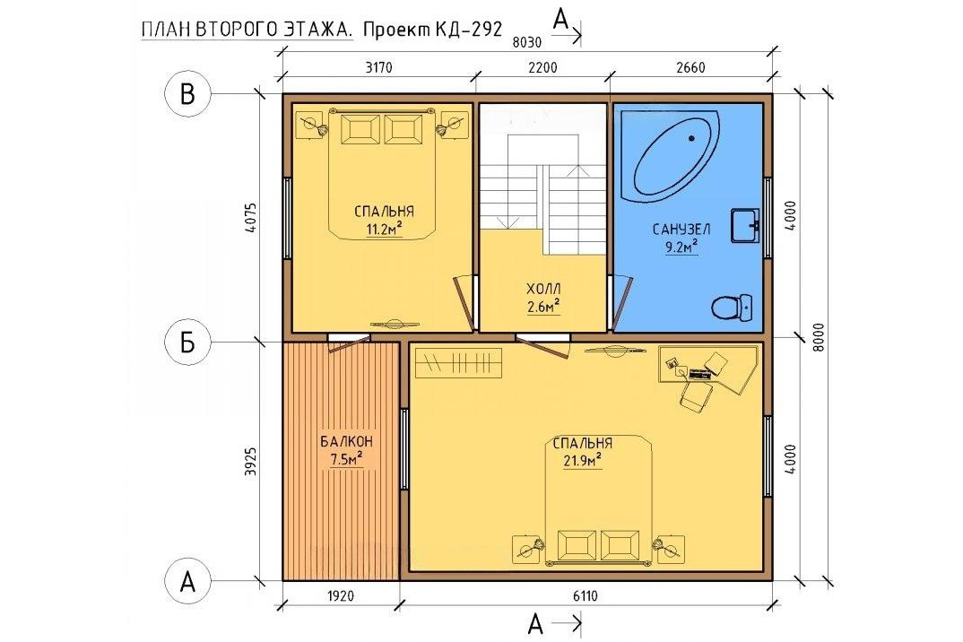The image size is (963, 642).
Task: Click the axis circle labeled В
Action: (x=187, y=94)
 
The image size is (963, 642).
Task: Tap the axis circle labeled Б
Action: (x=187, y=343)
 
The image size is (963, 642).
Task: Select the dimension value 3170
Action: (x=378, y=66)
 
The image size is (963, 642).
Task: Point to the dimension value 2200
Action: (x=542, y=66)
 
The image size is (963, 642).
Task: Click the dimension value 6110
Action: (x=585, y=596)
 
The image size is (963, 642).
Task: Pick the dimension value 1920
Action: (x=340, y=596)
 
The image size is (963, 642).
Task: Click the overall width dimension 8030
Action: (x=527, y=42)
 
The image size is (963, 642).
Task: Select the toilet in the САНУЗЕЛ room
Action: (x=732, y=307)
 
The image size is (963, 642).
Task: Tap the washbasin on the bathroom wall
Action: (x=745, y=225)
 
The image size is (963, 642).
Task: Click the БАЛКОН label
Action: (x=346, y=441)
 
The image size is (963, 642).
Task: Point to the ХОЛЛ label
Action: (x=542, y=289)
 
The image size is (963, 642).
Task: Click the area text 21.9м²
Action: (x=582, y=461)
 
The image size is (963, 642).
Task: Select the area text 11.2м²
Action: (x=384, y=230)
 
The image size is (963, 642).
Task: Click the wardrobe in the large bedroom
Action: (x=459, y=362)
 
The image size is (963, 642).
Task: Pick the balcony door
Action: (x=348, y=342)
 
